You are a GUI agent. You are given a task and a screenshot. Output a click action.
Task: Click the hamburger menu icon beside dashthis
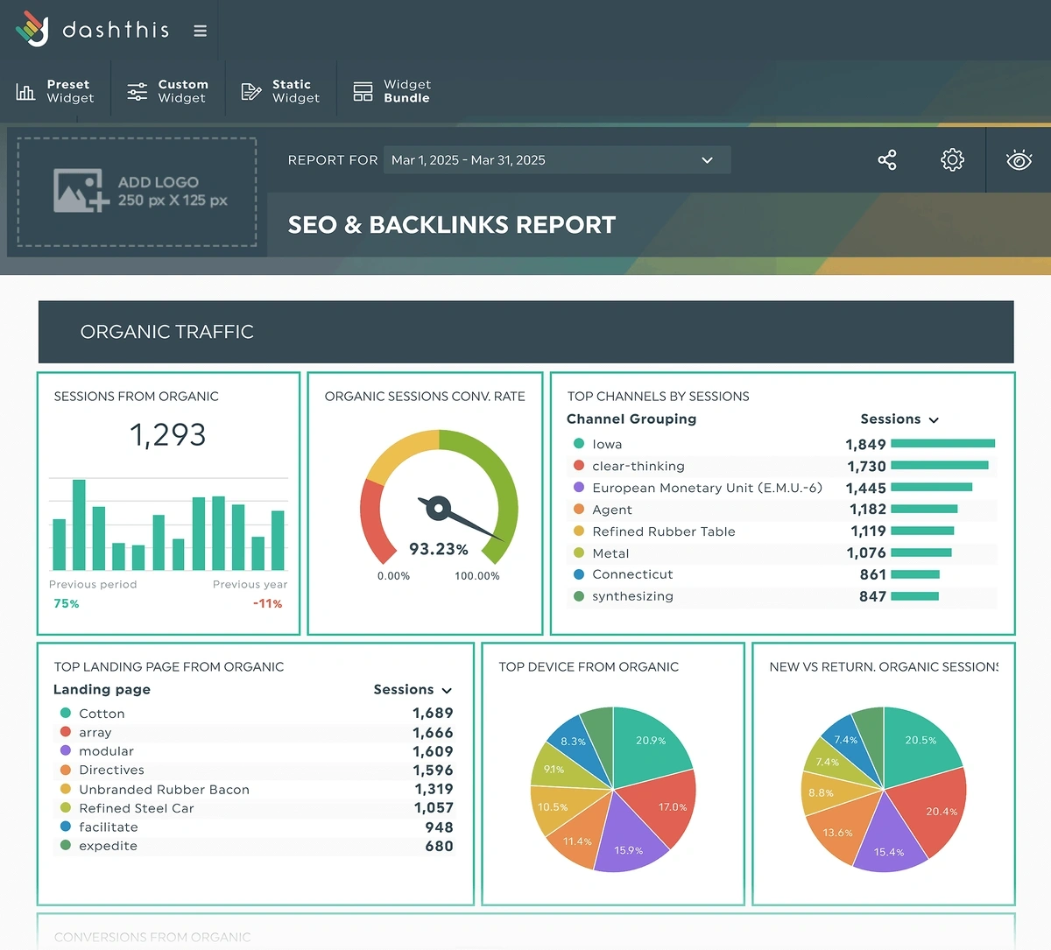click(x=200, y=31)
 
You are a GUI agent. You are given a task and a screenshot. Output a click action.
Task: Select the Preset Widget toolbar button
click(x=55, y=91)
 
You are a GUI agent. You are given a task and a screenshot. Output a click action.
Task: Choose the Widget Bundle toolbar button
click(x=392, y=91)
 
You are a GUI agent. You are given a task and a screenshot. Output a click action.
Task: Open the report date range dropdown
click(x=556, y=160)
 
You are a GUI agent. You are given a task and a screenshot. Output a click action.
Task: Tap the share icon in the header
click(x=886, y=160)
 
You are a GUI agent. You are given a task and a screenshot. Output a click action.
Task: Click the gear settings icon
click(x=952, y=160)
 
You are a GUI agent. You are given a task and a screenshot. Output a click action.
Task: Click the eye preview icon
click(x=1019, y=160)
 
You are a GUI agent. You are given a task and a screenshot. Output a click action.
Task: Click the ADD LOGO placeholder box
click(x=138, y=191)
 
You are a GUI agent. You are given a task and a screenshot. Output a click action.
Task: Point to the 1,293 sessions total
click(x=167, y=434)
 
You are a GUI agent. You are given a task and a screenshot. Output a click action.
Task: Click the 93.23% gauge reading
click(x=438, y=549)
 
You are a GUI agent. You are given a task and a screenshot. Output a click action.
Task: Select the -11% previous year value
click(x=267, y=603)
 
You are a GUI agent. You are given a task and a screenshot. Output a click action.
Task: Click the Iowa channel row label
click(x=607, y=445)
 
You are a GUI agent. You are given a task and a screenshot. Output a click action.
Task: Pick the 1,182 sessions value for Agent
click(x=867, y=510)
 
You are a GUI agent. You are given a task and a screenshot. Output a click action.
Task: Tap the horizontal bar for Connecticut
click(x=914, y=574)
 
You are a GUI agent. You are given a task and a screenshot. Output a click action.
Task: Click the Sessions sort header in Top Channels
click(x=899, y=419)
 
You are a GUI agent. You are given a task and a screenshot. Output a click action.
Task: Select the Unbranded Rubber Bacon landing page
click(x=164, y=790)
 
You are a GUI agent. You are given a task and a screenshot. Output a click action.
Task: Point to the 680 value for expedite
click(x=439, y=846)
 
